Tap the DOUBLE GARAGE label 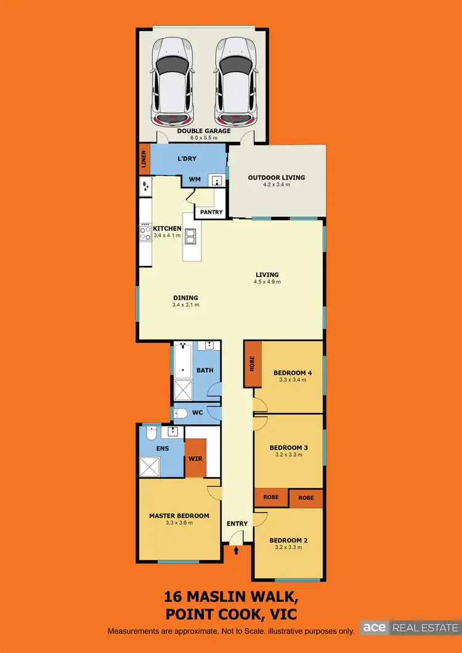pyautogui.click(x=203, y=131)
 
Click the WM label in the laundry pyautogui.click(x=195, y=180)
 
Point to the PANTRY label pyautogui.click(x=211, y=212)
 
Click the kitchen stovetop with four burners pyautogui.click(x=146, y=233)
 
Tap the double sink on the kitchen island pyautogui.click(x=192, y=236)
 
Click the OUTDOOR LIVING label pyautogui.click(x=277, y=178)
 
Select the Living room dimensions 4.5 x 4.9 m pyautogui.click(x=267, y=282)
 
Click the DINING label pyautogui.click(x=185, y=298)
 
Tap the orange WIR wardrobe pyautogui.click(x=195, y=458)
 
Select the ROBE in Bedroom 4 pyautogui.click(x=252, y=364)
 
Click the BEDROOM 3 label pyautogui.click(x=288, y=447)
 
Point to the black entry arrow pyautogui.click(x=237, y=551)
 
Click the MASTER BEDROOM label pyautogui.click(x=179, y=516)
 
